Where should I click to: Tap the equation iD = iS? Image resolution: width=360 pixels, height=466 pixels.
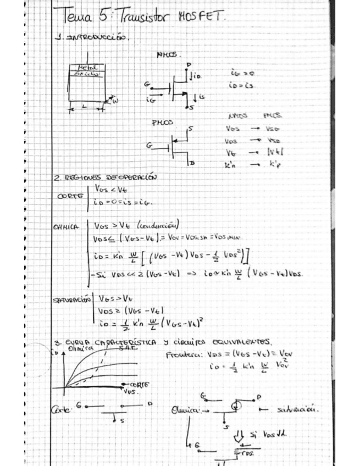pyautogui.click(x=242, y=86)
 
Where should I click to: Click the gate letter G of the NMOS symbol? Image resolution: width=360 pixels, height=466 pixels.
pyautogui.click(x=147, y=84)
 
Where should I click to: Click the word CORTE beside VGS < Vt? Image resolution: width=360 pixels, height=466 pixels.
pyautogui.click(x=71, y=196)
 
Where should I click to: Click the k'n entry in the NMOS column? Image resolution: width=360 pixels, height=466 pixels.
pyautogui.click(x=232, y=163)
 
